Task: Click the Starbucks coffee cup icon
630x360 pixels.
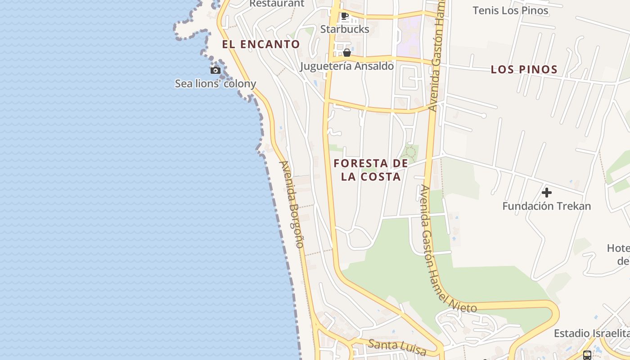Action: (x=345, y=17)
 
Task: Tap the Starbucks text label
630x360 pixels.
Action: (x=345, y=29)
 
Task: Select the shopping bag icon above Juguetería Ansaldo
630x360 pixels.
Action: (x=346, y=53)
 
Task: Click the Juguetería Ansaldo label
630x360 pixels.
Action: (x=347, y=66)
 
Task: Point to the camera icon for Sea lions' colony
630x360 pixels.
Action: (x=216, y=70)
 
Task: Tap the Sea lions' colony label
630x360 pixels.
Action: (x=216, y=83)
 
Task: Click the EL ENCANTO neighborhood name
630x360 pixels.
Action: (x=261, y=44)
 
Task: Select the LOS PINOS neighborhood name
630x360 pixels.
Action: (x=524, y=70)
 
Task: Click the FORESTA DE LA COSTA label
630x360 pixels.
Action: (x=371, y=170)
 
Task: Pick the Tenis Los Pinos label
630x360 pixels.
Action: (x=510, y=10)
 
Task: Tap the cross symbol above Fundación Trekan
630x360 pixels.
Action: (x=547, y=193)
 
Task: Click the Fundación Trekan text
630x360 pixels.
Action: (x=547, y=206)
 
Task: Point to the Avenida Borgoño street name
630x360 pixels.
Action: (x=292, y=204)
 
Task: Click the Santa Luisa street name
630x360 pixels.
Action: (x=391, y=345)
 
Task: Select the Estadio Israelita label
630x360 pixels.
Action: (x=591, y=333)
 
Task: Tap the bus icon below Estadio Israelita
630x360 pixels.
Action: (x=587, y=355)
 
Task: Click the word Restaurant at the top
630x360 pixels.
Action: (x=277, y=4)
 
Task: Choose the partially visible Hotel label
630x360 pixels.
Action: (x=618, y=254)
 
